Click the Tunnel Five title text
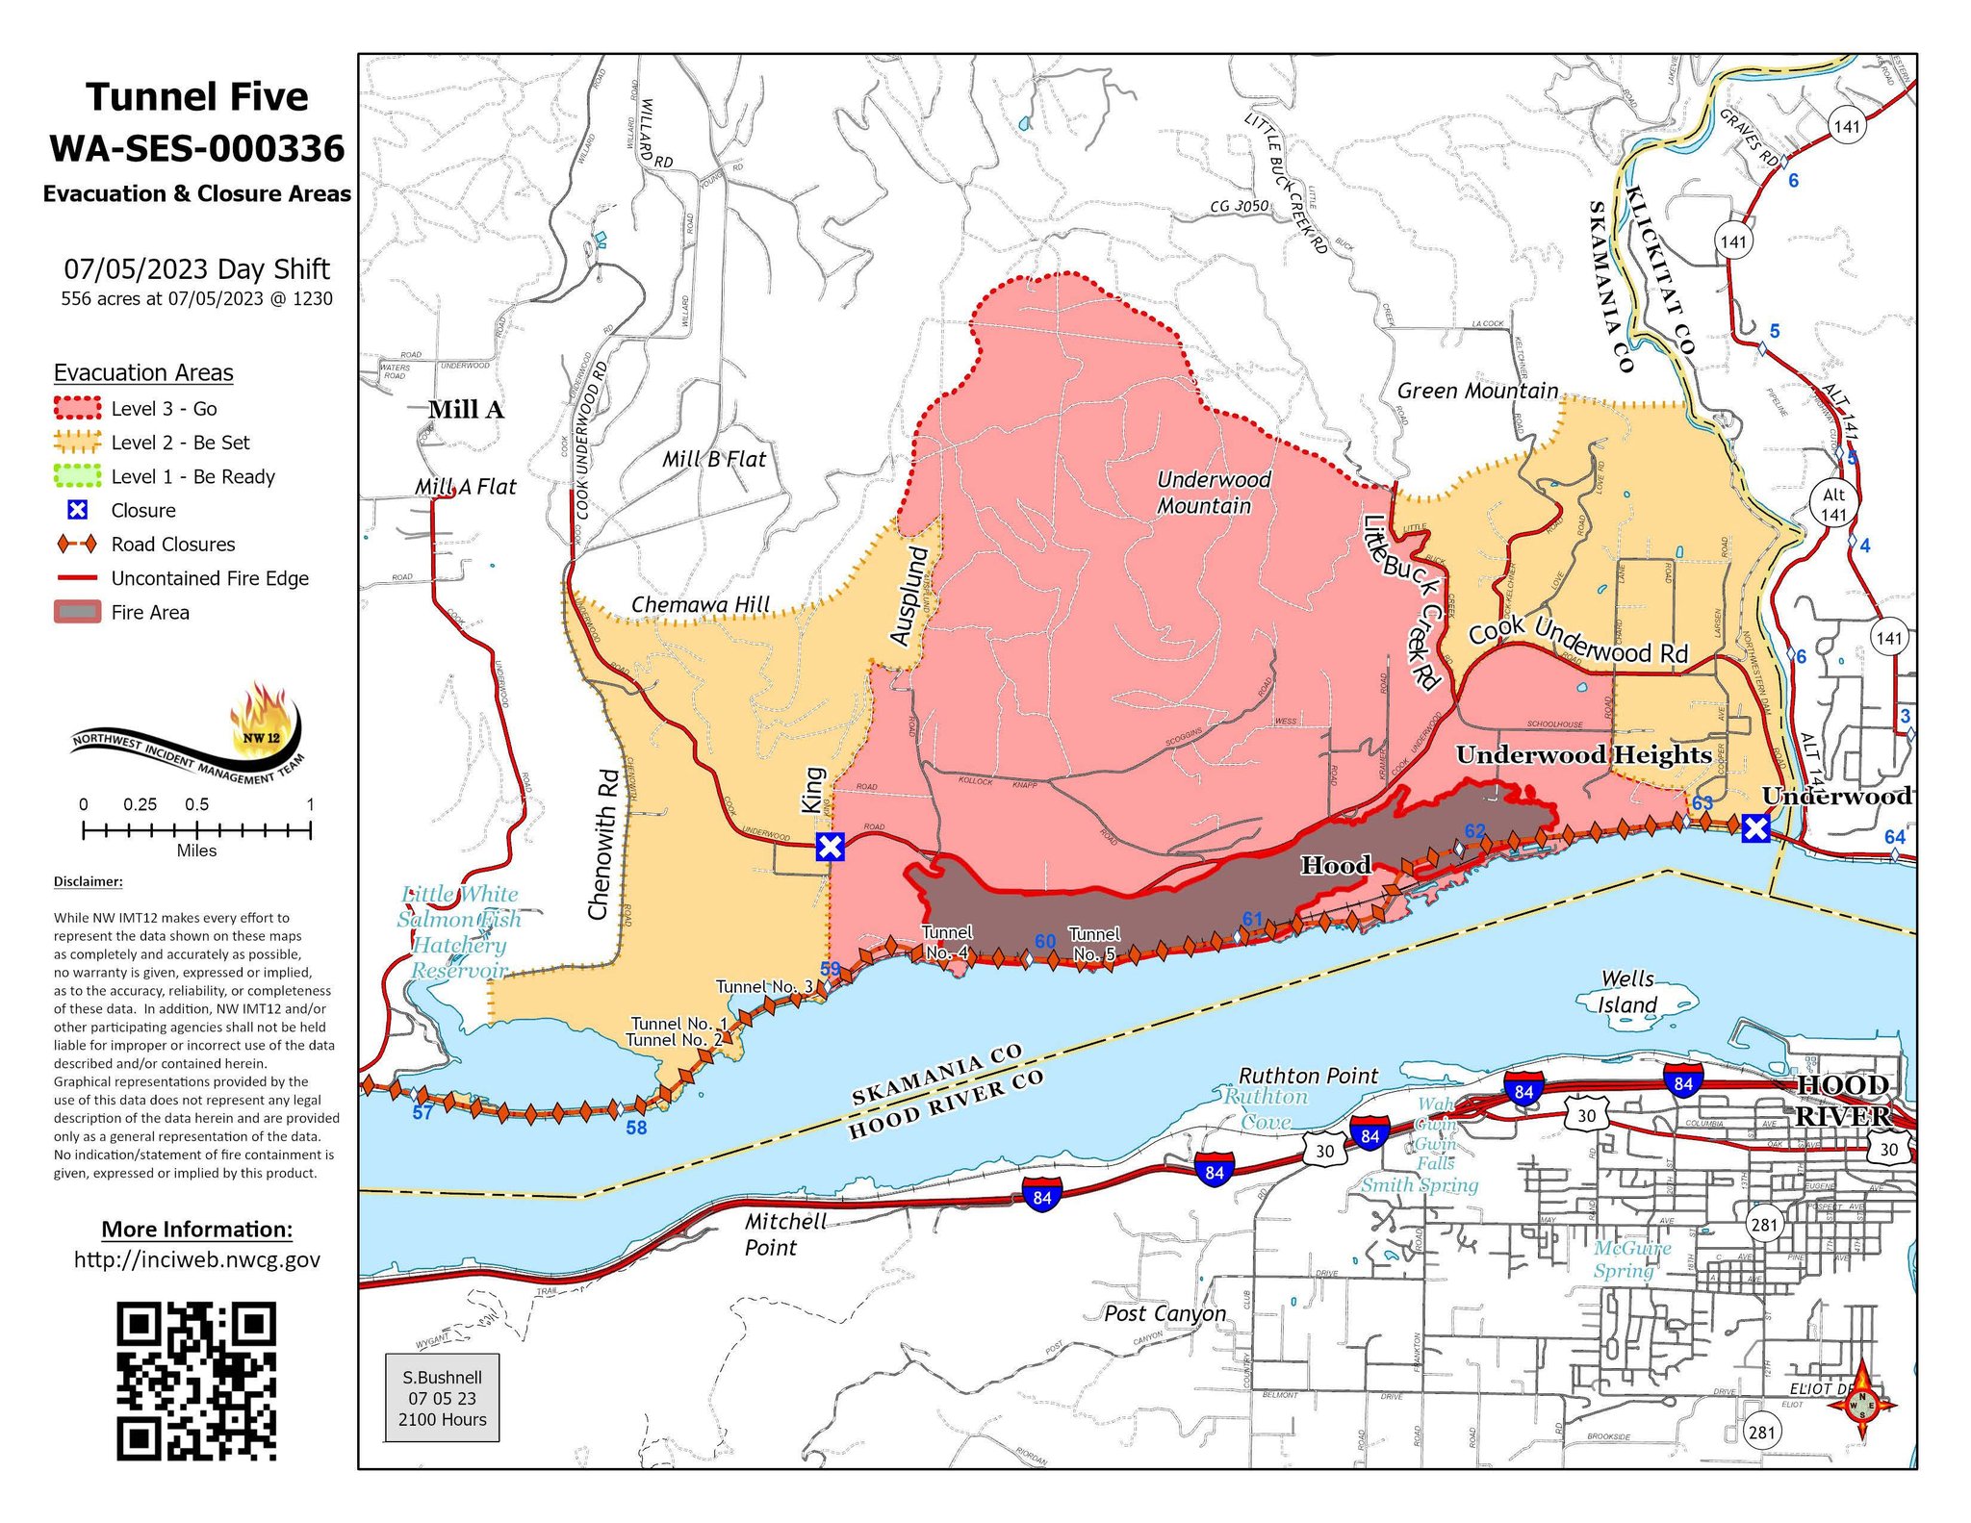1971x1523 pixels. (196, 97)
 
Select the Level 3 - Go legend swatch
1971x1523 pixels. (77, 408)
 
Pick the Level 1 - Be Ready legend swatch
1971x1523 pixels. (77, 476)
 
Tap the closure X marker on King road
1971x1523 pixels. (830, 847)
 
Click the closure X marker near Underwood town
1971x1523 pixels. (1755, 828)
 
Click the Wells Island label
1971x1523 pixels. (1627, 992)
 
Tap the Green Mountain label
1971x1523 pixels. (1476, 391)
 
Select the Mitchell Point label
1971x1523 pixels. (784, 1234)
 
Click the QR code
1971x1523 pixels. (196, 1381)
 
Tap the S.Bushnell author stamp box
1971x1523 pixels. (443, 1398)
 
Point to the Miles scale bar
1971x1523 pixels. (196, 830)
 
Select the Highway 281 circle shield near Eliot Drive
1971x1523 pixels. (1760, 1433)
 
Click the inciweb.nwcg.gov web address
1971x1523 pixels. (196, 1260)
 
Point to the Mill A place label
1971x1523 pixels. (466, 410)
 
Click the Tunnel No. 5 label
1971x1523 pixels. (1094, 944)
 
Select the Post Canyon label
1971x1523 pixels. (1165, 1314)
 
